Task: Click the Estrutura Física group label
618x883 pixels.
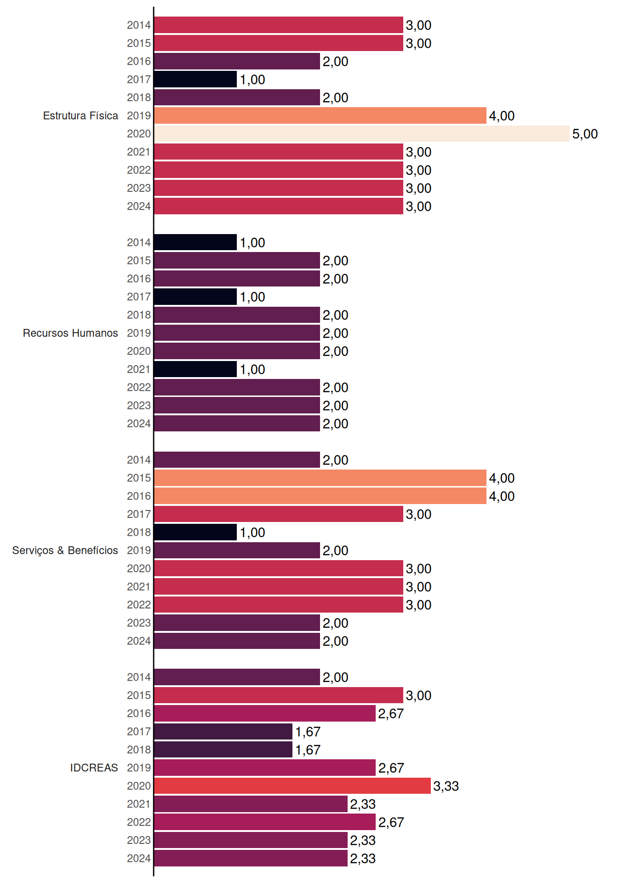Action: click(x=80, y=115)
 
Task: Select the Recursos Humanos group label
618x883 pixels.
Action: click(x=70, y=333)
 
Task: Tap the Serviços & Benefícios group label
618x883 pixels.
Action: click(x=65, y=550)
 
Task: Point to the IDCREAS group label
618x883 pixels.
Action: click(x=94, y=768)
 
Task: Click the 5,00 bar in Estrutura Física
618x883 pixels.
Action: click(x=362, y=134)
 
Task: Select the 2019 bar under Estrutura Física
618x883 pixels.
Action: click(x=320, y=115)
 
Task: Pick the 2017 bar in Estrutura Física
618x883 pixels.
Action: click(x=195, y=79)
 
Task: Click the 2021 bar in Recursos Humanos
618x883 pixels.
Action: click(x=195, y=369)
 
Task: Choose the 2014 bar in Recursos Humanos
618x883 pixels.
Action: click(x=195, y=242)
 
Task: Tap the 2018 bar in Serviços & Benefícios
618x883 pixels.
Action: click(x=195, y=532)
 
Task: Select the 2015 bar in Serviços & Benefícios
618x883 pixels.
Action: click(x=320, y=478)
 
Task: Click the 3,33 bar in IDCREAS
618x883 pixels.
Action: click(x=292, y=786)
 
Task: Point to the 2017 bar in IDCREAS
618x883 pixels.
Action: click(x=223, y=731)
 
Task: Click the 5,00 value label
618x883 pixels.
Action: click(x=585, y=134)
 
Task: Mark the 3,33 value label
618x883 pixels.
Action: click(x=446, y=786)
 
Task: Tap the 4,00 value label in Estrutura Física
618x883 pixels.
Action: click(x=502, y=116)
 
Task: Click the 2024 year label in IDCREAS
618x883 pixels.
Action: click(x=139, y=858)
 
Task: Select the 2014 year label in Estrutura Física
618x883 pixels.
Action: click(x=139, y=25)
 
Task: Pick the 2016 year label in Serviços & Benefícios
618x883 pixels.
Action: click(x=139, y=496)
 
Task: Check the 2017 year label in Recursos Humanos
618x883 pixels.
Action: click(x=139, y=297)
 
